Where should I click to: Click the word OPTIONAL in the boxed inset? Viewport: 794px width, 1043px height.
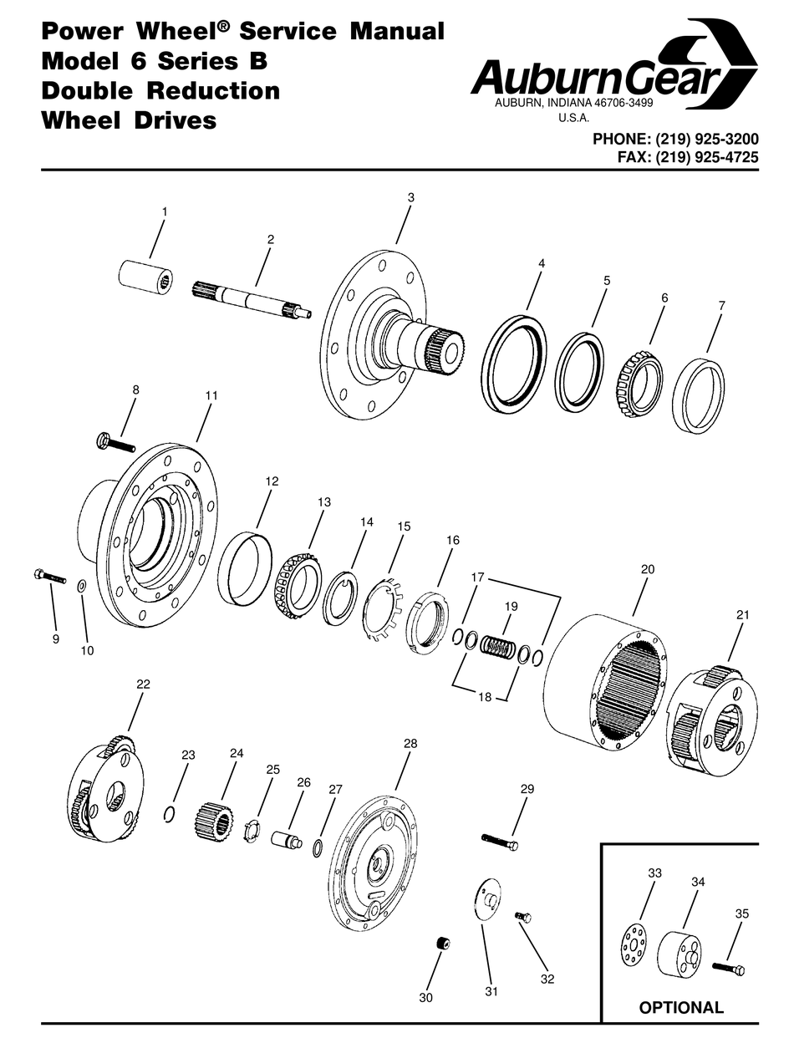680,1007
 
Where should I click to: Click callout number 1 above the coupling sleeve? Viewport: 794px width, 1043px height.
164,212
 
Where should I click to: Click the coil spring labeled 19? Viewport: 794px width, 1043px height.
501,647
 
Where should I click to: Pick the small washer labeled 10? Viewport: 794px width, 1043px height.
82,584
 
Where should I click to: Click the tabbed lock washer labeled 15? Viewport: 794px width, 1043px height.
385,608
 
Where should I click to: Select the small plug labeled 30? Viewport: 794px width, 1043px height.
442,944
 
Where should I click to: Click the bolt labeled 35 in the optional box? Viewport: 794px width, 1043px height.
728,969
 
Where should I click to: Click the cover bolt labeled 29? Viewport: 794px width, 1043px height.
500,841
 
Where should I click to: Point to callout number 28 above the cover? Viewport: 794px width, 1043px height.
410,743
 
